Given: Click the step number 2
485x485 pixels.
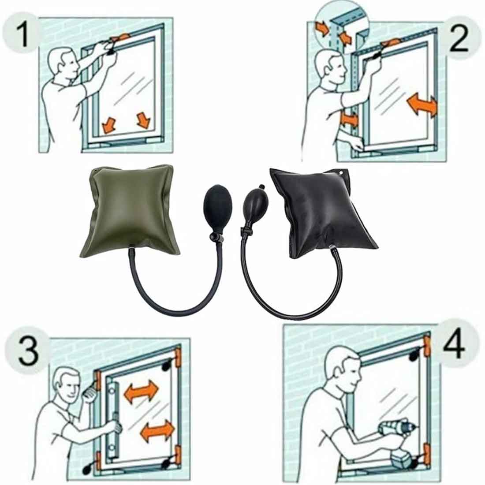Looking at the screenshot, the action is point(459,39).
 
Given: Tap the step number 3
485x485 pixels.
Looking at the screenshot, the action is point(29,351).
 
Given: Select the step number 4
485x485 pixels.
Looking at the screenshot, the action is point(454,343).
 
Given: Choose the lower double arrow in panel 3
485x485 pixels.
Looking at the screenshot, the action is point(157,431).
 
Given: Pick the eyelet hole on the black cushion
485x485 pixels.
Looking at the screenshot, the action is point(341,173).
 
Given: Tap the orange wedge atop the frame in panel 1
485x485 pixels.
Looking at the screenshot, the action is point(121,38).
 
